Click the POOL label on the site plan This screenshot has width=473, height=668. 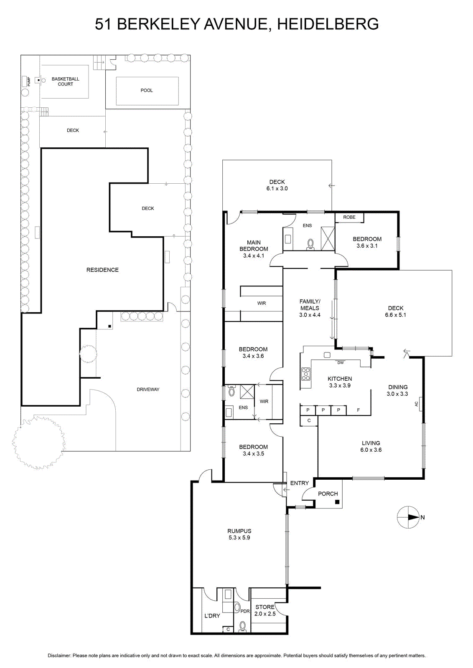pos(147,90)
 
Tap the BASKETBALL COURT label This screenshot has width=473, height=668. pos(65,81)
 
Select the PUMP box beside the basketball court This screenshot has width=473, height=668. pos(25,81)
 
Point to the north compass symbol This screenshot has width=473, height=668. pos(408,517)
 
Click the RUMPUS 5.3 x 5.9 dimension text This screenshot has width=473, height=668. pos(239,538)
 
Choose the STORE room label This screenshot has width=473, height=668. pos(265,607)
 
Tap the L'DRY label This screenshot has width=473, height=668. pos(212,615)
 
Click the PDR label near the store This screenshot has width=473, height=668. pos(245,611)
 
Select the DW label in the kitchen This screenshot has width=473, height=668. pos(340,363)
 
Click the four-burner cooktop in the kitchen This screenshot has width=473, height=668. pos(306,374)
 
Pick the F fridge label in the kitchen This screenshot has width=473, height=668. pos(359,410)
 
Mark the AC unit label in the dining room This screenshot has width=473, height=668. pos(416,404)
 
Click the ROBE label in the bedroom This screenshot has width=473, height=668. pos(349,217)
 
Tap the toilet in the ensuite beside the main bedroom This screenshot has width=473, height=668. pos(310,244)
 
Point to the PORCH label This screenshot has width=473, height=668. pos(328,493)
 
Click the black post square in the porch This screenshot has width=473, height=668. pos(337,502)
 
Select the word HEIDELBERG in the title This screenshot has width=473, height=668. pos(328,24)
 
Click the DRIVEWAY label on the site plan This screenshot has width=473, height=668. pos(148,389)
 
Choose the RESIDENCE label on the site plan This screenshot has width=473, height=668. pos(102,270)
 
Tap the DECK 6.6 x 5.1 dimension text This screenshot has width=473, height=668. pos(395,315)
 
